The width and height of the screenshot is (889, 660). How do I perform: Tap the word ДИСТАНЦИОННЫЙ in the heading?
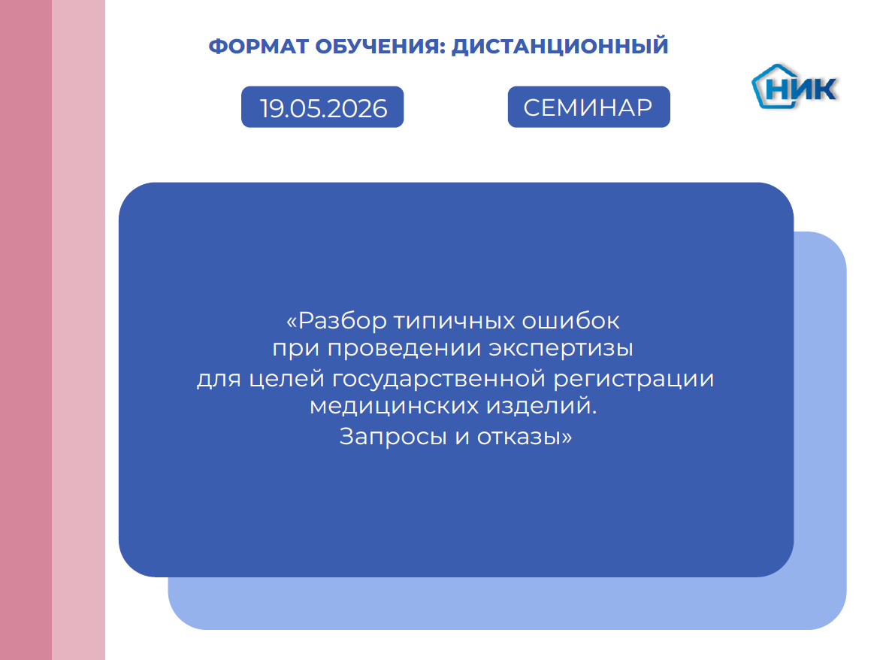point(560,45)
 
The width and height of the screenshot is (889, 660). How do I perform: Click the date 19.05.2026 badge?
point(322,107)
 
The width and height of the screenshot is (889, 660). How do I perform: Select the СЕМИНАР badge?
point(588,107)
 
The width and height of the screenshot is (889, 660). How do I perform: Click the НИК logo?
point(795,86)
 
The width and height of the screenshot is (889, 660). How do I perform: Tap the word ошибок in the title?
point(571,320)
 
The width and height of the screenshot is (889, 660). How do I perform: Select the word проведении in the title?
point(405,349)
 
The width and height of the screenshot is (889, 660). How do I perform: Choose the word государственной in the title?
point(438,379)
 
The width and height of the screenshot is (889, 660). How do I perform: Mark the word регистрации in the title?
point(633,379)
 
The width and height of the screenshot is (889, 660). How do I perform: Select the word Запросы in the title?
point(393,437)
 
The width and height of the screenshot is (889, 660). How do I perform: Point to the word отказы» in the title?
point(525,437)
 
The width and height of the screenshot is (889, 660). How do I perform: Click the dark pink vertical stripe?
point(26,330)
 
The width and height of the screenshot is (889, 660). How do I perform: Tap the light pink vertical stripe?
point(79,330)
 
